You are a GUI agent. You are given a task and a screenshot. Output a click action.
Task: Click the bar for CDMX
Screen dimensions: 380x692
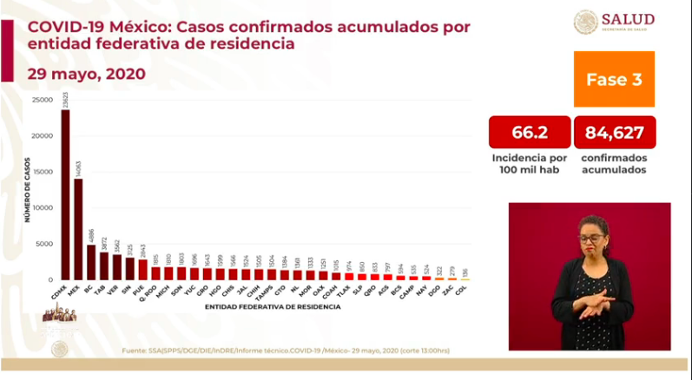[65, 195]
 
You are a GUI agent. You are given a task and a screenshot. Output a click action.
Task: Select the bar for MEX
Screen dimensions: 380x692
[78, 230]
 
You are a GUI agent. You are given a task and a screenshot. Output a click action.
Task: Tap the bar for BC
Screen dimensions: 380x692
[91, 263]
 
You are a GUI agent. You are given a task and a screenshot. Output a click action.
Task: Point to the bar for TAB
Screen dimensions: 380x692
[103, 266]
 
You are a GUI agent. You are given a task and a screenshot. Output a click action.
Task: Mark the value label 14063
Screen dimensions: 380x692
[78, 169]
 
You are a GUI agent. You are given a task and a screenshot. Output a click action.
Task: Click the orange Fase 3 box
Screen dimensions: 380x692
[614, 79]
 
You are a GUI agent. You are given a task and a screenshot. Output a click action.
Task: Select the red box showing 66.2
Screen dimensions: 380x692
[530, 132]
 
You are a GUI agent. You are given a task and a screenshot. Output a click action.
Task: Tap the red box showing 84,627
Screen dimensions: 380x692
[614, 132]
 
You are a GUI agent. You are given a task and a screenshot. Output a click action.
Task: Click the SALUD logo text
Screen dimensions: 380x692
[628, 18]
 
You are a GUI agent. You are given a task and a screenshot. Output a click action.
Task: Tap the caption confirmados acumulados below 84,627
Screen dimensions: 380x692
[613, 164]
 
